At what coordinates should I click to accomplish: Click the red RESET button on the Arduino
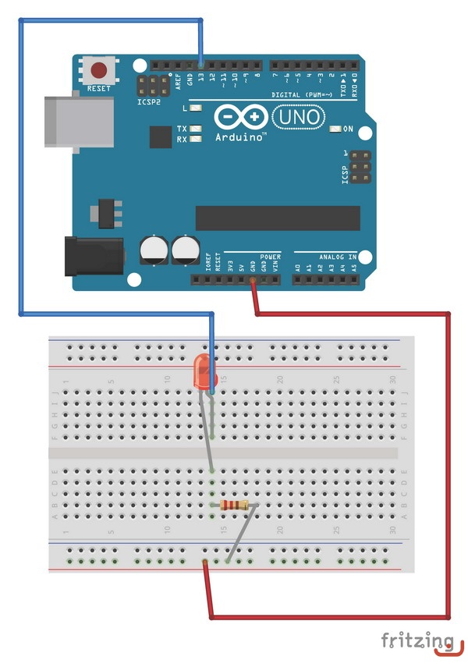99,69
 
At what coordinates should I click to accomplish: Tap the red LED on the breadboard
204,372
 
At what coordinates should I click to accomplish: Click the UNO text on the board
297,117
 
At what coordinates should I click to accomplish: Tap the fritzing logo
417,642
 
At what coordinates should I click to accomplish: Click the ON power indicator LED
337,129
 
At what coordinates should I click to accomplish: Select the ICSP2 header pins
154,85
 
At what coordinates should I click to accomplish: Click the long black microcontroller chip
278,218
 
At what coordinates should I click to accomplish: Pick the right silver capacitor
186,250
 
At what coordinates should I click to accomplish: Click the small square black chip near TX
161,137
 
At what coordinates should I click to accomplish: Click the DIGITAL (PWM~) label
301,94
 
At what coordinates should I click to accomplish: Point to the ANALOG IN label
337,256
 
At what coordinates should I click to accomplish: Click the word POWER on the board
270,256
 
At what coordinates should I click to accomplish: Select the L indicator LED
196,108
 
